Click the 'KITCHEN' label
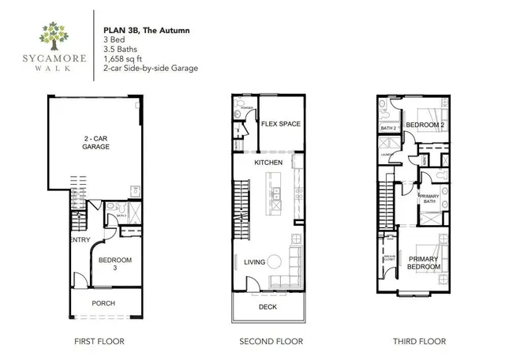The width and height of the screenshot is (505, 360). (267, 162)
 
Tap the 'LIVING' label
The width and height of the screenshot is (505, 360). (254, 261)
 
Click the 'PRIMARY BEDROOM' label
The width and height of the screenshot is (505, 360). (424, 263)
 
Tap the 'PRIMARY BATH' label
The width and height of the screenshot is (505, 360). (429, 199)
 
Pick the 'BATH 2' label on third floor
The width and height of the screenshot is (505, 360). (387, 128)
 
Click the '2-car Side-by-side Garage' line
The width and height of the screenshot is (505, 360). (150, 69)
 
